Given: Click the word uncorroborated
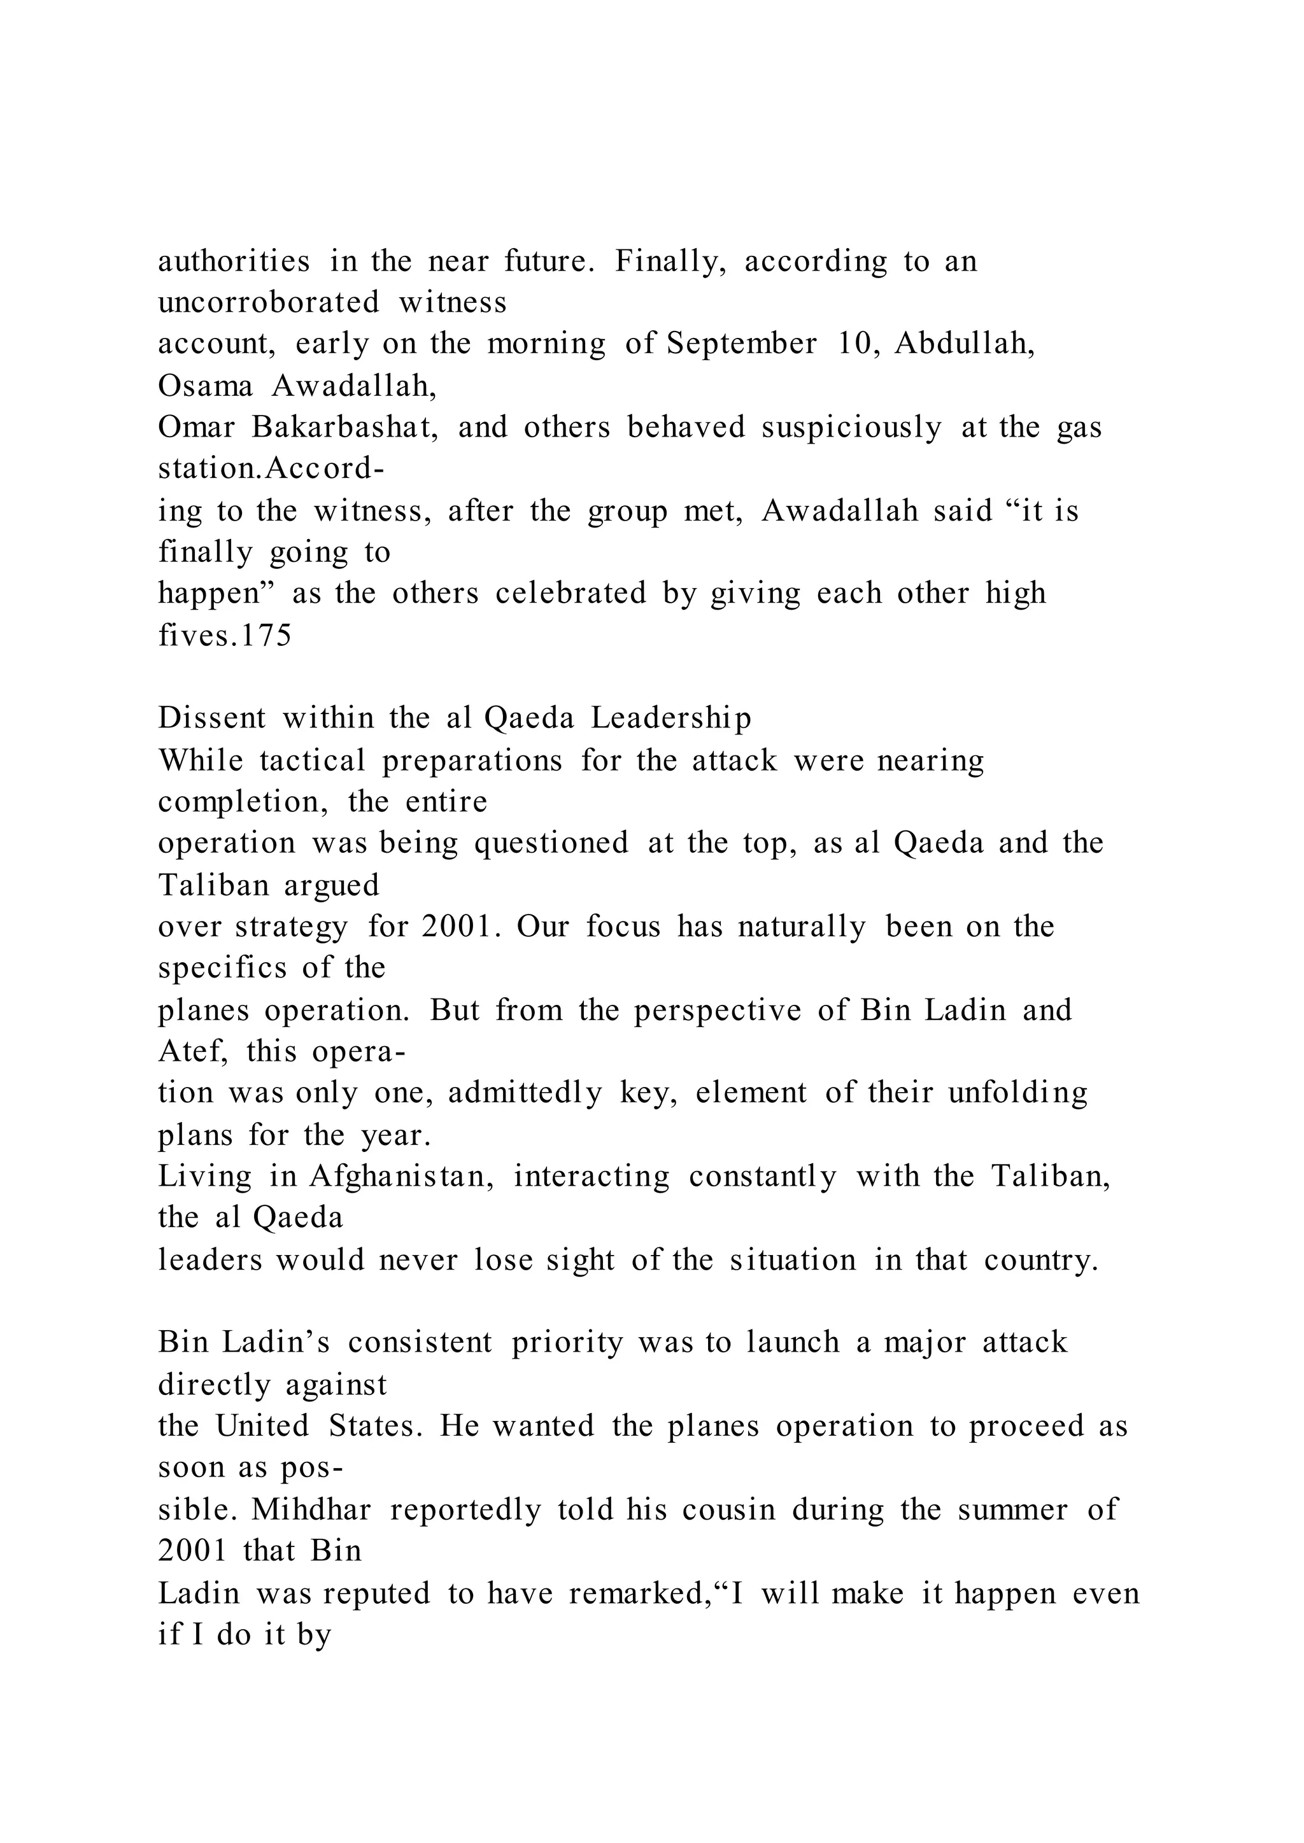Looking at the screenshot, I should point(268,303).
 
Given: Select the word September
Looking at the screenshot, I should point(741,344).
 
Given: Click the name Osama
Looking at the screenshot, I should point(205,386).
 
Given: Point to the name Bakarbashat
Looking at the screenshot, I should point(344,427).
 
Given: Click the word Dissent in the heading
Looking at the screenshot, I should point(211,718).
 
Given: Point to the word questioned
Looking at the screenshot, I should point(551,843).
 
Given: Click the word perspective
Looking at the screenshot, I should point(717,1010).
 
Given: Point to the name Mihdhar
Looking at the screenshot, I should point(311,1509).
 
